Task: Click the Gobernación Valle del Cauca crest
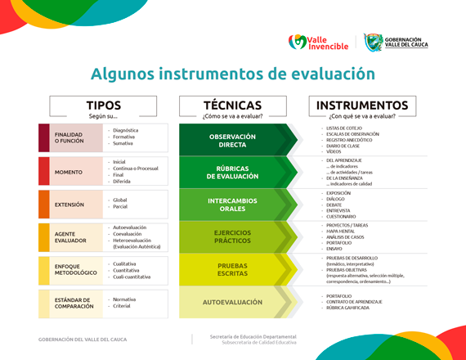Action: pos(373,42)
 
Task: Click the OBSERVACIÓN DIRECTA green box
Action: pos(232,140)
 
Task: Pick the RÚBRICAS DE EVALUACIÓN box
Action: pos(232,173)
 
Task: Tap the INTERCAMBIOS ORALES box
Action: pos(232,205)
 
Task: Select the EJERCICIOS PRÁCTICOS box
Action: pos(232,238)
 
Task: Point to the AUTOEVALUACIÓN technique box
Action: pos(232,303)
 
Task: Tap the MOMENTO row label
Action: pos(68,172)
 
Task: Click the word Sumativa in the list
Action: pos(125,143)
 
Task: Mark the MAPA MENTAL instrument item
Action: pos(343,232)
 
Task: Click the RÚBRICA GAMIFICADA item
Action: pos(348,308)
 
